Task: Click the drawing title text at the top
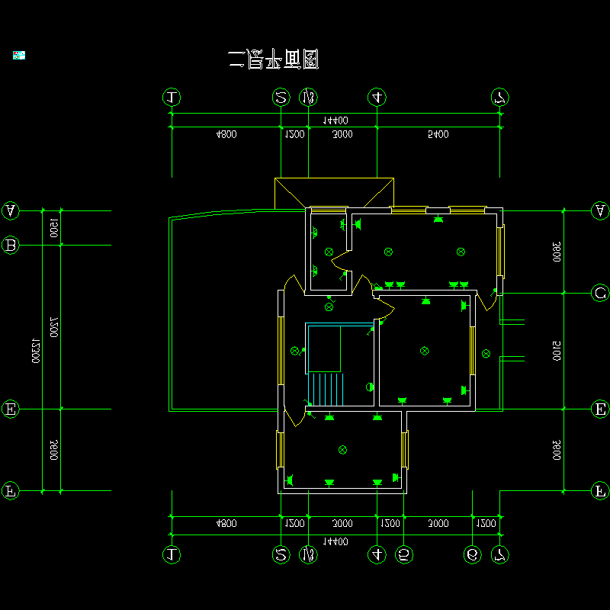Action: click(273, 59)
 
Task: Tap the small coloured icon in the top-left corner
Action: click(19, 55)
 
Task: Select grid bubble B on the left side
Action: click(11, 245)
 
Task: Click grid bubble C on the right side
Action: click(600, 293)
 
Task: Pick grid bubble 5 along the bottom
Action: click(404, 555)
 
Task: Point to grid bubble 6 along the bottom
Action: click(473, 555)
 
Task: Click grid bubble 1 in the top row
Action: click(172, 97)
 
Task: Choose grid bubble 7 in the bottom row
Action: click(499, 555)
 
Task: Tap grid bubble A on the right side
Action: click(600, 210)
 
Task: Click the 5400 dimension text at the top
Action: click(438, 134)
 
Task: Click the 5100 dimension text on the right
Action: click(557, 352)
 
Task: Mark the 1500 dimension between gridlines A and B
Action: click(53, 227)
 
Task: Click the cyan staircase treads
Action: click(326, 390)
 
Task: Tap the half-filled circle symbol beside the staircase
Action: click(370, 387)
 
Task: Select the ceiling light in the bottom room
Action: click(342, 450)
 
